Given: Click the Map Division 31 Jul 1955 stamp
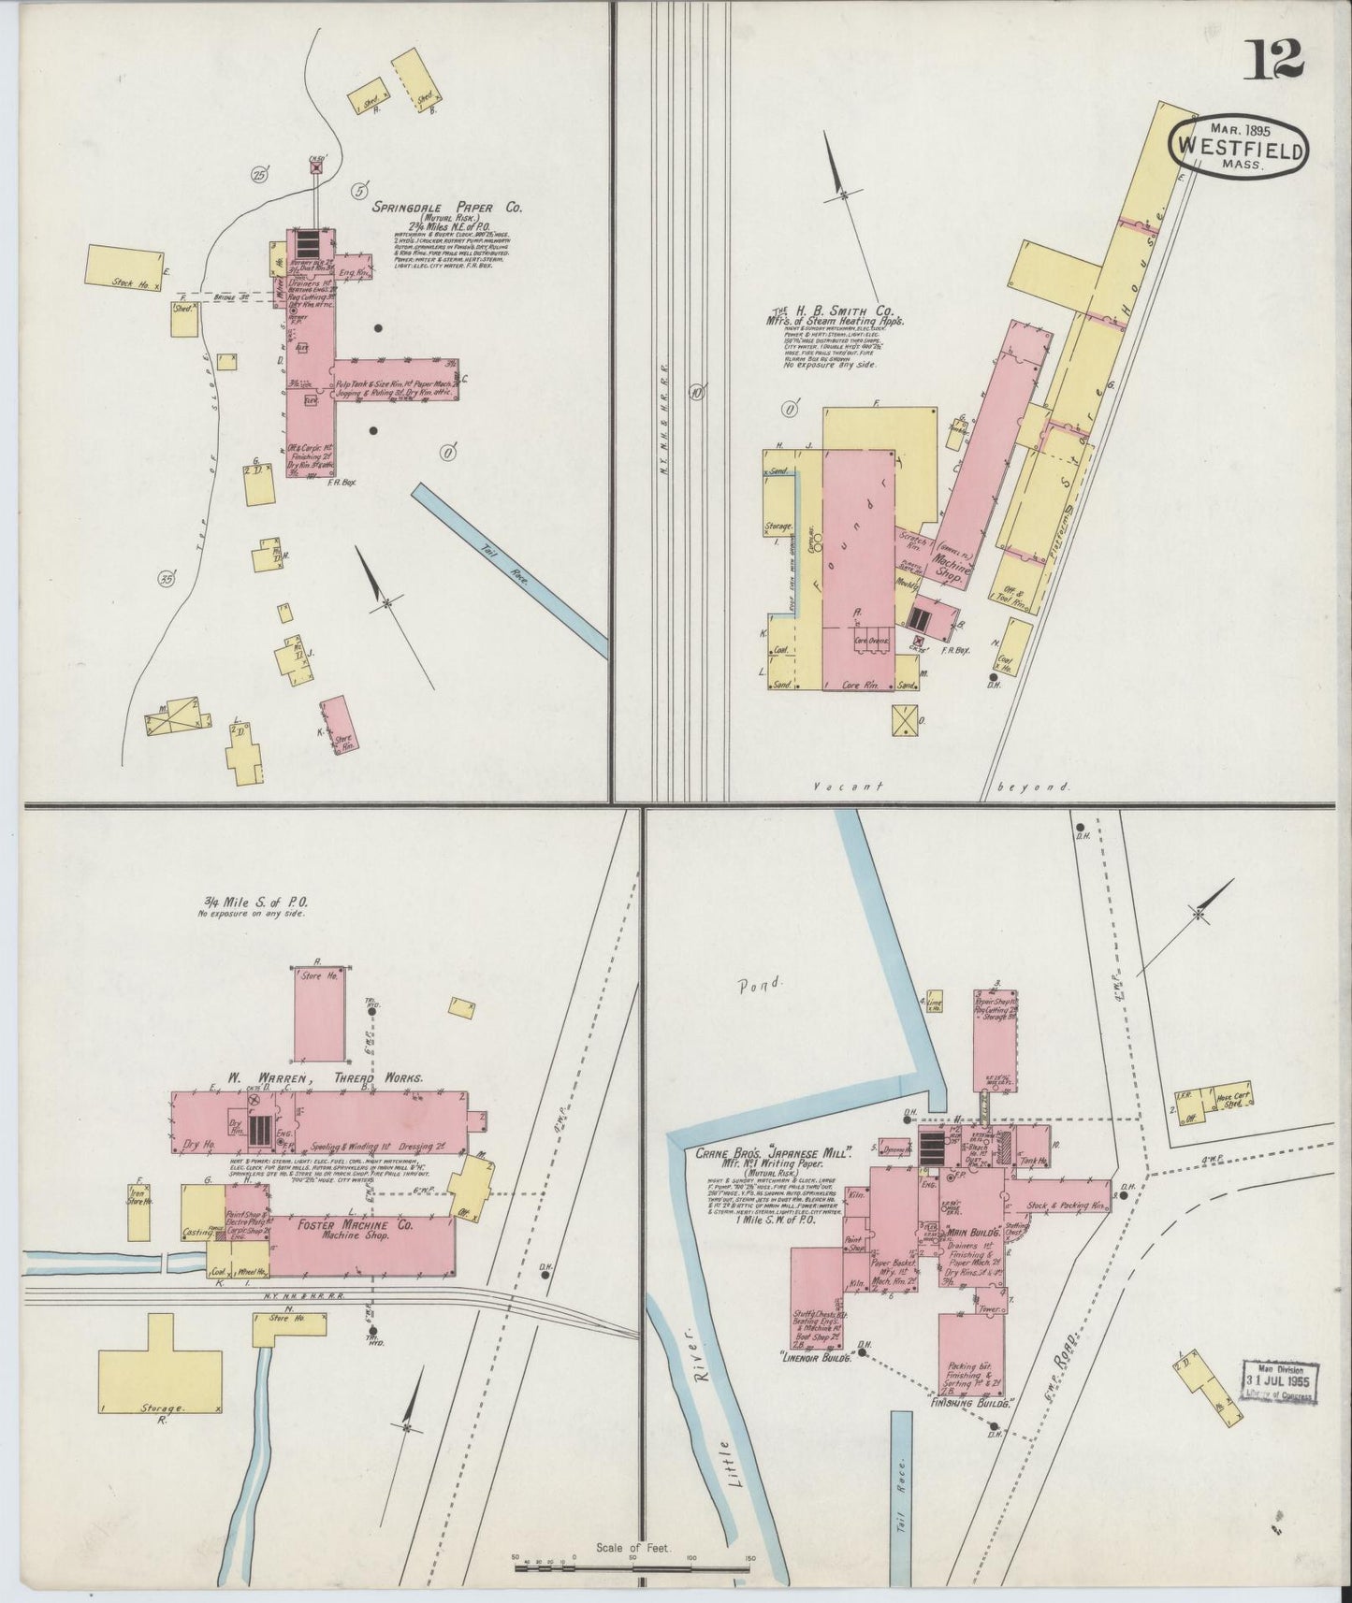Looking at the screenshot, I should pyautogui.click(x=1279, y=1380).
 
